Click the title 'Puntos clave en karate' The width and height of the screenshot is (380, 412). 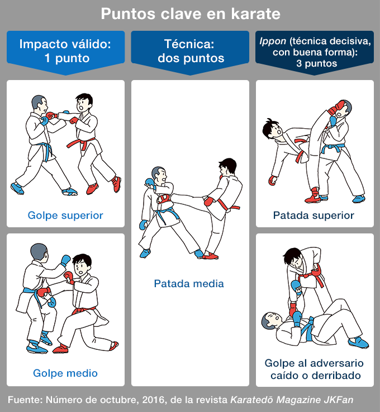coord(191,13)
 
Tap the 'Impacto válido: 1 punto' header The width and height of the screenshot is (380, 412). coord(65,51)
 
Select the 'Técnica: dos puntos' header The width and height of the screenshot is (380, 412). coord(191,51)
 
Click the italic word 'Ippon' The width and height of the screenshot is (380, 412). coord(273,41)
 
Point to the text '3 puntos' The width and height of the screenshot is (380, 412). coord(316,64)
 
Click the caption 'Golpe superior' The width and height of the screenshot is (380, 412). coord(65,215)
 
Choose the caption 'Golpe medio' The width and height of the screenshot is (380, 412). coord(65,373)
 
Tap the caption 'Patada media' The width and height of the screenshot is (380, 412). coord(189,283)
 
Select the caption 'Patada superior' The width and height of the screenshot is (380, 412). coord(313,215)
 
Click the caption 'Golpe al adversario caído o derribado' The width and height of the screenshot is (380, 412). coord(315,369)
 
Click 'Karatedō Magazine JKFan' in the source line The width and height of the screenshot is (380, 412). coord(292,400)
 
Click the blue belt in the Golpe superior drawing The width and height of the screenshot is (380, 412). coord(45,150)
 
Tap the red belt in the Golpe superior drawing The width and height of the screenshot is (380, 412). coord(81,143)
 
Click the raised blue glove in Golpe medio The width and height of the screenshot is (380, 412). coord(65,260)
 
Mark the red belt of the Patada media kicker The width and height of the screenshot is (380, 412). coord(227,206)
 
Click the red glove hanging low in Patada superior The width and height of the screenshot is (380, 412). coord(273,180)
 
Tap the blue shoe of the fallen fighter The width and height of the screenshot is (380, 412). coord(359,343)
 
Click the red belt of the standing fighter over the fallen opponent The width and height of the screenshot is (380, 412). coord(315,276)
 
